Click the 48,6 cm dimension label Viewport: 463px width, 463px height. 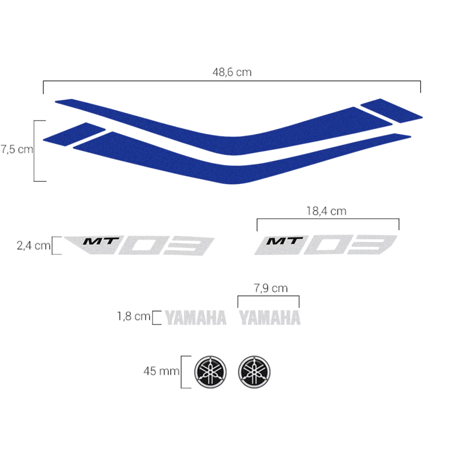[232, 72]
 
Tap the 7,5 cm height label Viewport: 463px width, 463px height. [17, 149]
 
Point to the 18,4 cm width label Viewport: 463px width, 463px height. [326, 211]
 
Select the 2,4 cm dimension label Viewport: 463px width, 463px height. [33, 246]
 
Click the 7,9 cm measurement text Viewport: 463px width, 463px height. [271, 288]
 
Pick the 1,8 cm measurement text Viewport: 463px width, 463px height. [134, 316]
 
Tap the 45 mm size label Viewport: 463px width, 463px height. [161, 371]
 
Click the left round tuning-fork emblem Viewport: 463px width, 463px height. [210, 372]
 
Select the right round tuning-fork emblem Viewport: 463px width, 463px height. [254, 372]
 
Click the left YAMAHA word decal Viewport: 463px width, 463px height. [196, 318]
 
